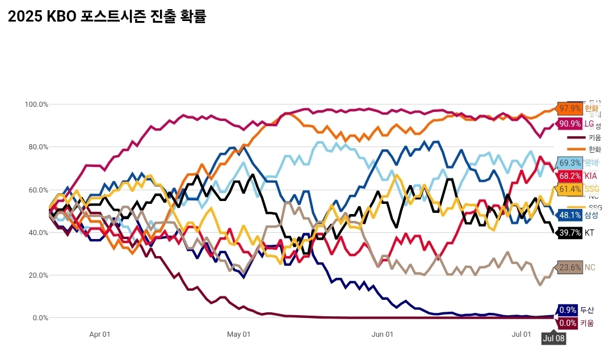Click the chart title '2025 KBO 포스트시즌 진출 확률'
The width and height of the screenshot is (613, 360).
[x=107, y=16]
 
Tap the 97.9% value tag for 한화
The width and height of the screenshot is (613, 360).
[x=570, y=108]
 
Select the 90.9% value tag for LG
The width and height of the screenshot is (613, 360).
[x=570, y=124]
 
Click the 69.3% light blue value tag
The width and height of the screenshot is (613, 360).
[x=570, y=163]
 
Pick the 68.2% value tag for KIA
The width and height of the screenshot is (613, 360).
[x=570, y=176]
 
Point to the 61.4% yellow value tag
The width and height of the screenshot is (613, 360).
[x=570, y=189]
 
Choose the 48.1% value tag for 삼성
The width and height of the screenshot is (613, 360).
[x=570, y=215]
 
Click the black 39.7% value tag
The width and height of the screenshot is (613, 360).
[x=570, y=233]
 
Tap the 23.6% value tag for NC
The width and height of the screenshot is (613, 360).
[x=570, y=267]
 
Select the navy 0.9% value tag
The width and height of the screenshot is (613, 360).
[x=568, y=310]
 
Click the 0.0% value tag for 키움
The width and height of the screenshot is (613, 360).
[x=568, y=323]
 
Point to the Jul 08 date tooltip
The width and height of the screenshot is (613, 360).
[x=553, y=338]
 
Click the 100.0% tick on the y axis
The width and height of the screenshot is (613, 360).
[x=36, y=104]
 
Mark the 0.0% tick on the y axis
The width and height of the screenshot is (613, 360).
[x=40, y=318]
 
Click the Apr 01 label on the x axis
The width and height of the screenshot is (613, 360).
[x=99, y=334]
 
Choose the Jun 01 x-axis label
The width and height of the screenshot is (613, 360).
[x=382, y=334]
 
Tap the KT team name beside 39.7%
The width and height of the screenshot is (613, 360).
[x=590, y=233]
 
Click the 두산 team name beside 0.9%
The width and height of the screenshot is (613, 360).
[x=587, y=310]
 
